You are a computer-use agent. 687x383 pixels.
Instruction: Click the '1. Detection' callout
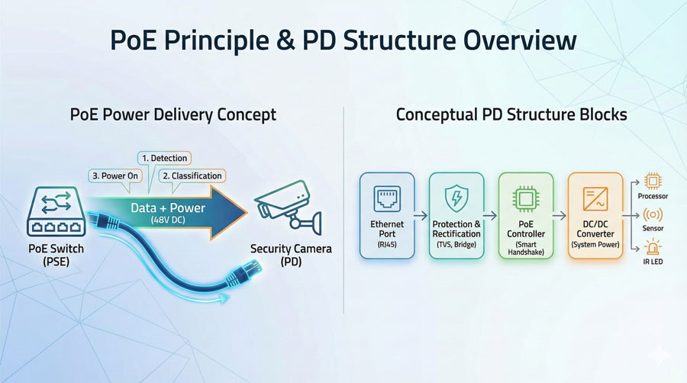click(163, 158)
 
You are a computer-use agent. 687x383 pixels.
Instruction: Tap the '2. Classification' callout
click(191, 176)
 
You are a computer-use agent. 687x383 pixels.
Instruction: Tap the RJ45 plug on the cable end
click(251, 271)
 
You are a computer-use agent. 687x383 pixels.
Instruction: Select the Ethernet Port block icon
click(386, 198)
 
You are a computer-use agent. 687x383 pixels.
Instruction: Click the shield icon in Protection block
click(456, 198)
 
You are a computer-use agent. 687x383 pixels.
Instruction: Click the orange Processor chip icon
click(653, 181)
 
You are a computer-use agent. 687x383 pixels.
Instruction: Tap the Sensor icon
click(653, 214)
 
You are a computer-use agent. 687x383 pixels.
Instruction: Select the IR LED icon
click(653, 247)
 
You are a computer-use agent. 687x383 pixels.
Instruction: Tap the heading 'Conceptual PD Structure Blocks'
click(511, 115)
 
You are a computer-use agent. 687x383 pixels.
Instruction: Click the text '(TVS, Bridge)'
click(456, 245)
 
